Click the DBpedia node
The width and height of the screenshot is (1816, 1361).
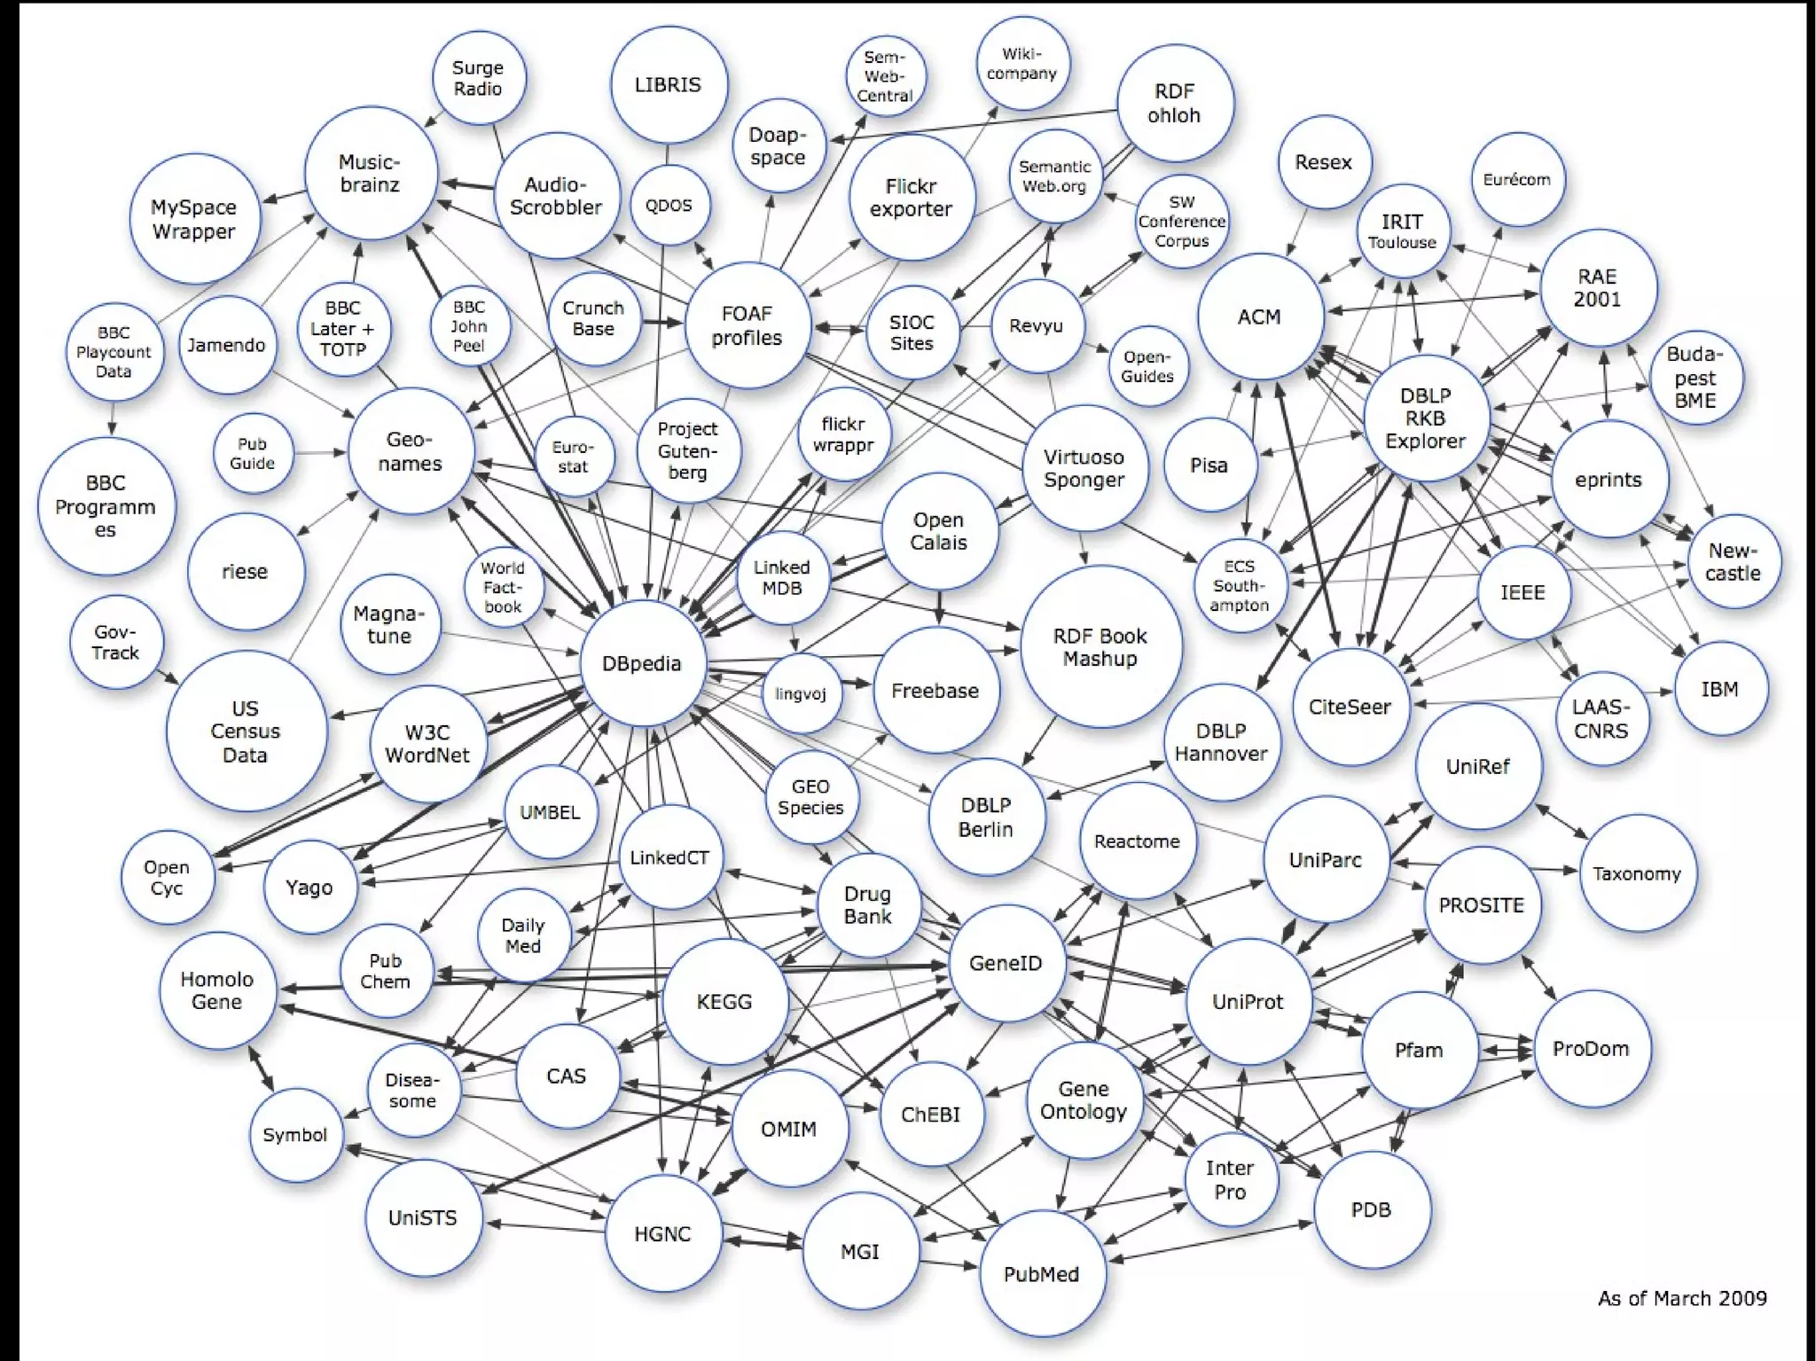point(642,663)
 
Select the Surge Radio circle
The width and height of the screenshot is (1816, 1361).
point(478,78)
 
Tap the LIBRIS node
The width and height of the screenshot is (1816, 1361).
point(668,85)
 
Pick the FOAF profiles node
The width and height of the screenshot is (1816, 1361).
point(747,325)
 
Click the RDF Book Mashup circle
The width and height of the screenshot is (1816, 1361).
point(1100,647)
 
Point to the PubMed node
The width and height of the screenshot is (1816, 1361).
point(1041,1274)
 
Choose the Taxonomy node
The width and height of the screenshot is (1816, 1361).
point(1636,873)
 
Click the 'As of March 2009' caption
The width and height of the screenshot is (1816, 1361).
point(1681,1298)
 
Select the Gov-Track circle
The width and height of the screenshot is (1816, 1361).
point(116,643)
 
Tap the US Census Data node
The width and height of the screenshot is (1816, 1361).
point(245,731)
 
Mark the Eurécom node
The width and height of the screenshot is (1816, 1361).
point(1516,179)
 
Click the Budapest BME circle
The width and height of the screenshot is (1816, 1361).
point(1695,378)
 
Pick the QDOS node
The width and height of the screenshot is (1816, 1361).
point(669,205)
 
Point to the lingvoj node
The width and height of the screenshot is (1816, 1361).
point(801,693)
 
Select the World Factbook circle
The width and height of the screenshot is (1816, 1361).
point(503,587)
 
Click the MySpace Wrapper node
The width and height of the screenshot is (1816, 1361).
point(193,219)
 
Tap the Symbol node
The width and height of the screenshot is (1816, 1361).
point(295,1135)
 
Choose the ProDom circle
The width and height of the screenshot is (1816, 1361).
point(1591,1049)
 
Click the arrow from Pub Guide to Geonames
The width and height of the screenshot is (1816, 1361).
point(319,453)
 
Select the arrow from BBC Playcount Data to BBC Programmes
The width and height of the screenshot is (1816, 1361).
point(113,418)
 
